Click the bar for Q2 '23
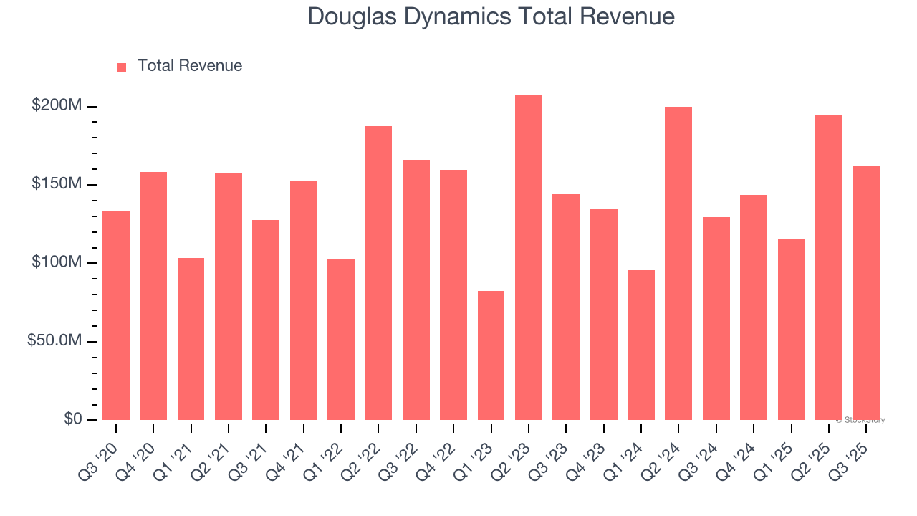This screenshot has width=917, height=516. tap(528, 257)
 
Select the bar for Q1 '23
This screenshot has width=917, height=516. tap(491, 355)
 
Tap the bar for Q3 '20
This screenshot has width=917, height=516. tap(116, 315)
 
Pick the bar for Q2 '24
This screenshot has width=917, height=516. tap(678, 263)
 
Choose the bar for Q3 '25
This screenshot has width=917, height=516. tap(865, 292)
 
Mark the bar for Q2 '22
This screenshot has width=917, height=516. tap(378, 272)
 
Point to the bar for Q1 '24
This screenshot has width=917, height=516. tap(640, 345)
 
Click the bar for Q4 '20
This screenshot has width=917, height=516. tap(153, 295)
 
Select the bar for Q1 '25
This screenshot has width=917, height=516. tap(791, 329)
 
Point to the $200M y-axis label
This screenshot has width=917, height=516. tap(57, 106)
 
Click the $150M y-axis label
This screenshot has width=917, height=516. tap(57, 184)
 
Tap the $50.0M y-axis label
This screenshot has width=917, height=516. tap(54, 340)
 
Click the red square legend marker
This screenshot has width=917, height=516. tap(122, 67)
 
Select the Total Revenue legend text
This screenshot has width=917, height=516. tap(190, 66)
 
